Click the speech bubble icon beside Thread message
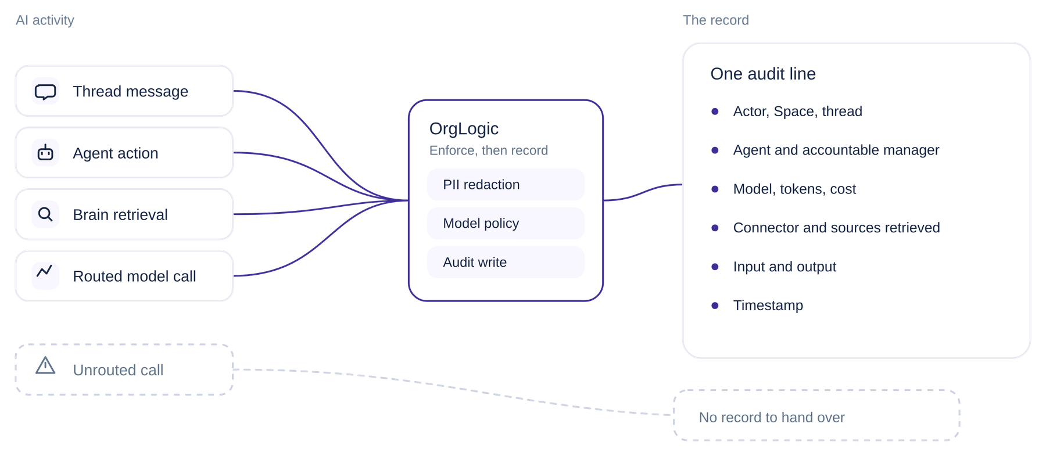[45, 92]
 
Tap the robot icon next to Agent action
[45, 152]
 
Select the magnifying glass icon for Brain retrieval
[45, 214]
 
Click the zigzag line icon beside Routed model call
[45, 271]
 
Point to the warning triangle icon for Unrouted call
[45, 365]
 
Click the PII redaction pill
[506, 185]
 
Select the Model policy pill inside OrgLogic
[506, 224]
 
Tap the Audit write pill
[506, 263]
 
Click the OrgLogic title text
[464, 129]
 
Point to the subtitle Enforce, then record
[489, 150]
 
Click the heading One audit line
[763, 74]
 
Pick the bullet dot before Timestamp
[715, 306]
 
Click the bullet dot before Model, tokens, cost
[715, 189]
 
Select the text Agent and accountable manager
[836, 150]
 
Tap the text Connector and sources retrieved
[837, 228]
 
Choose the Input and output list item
[784, 267]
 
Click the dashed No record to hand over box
[816, 415]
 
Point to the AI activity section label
[45, 20]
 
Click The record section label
[716, 20]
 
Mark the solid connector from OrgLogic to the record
[643, 192]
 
